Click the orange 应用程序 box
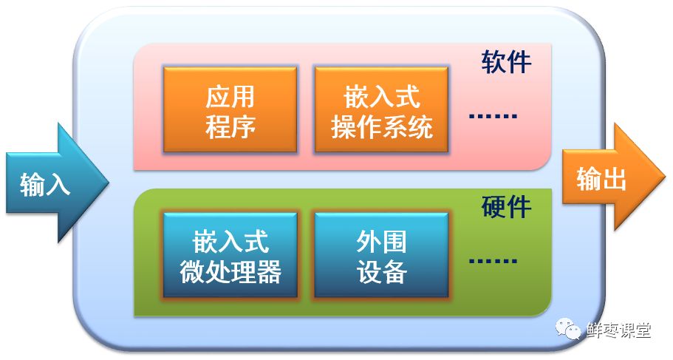[x=230, y=110]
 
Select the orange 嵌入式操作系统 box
[x=381, y=110]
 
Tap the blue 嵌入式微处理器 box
[x=230, y=256]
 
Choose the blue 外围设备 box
[x=381, y=256]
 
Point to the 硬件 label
[x=506, y=207]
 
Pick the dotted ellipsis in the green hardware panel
[x=493, y=261]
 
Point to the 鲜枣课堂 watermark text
[x=618, y=330]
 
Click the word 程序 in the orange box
[x=230, y=126]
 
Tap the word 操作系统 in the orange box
[x=381, y=127]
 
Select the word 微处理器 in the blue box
[x=230, y=272]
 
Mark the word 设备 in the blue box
[x=381, y=272]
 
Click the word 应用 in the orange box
[x=230, y=95]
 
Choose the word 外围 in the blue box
[x=381, y=241]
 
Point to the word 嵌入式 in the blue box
[x=230, y=241]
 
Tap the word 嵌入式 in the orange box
[x=381, y=95]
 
